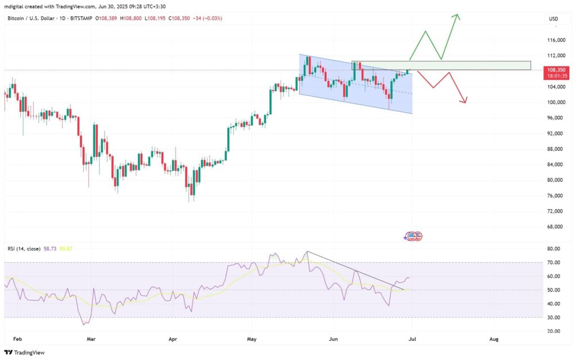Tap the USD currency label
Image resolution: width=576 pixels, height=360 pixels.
[553, 19]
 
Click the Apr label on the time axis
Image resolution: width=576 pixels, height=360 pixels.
[173, 340]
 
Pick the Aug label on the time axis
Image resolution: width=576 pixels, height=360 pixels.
[494, 340]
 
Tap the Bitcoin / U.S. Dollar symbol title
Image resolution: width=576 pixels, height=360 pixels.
[34, 19]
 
